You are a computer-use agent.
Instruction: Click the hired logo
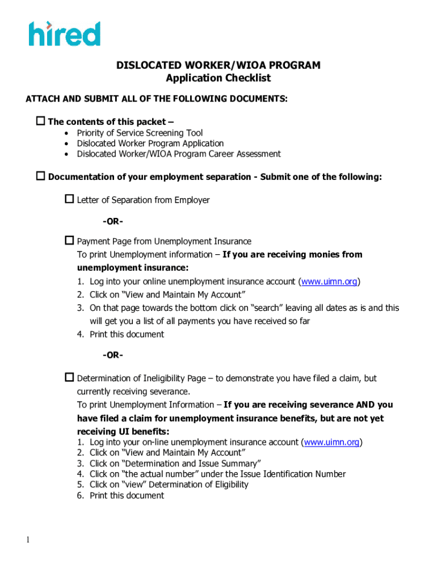65,33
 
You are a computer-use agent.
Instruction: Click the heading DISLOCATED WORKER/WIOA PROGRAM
218,65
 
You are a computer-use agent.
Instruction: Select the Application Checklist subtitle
218,78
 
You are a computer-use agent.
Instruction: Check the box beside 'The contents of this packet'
41,121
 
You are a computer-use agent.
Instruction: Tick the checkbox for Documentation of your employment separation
41,176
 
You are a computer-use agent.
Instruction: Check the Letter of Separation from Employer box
70,199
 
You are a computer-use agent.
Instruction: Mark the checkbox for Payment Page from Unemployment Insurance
70,241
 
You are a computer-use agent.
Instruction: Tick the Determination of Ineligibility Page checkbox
70,377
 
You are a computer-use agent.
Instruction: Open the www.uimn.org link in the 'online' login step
329,281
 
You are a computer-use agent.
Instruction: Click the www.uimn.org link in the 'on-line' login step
332,442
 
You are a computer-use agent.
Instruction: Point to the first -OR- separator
114,221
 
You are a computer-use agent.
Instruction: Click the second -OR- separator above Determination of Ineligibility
114,355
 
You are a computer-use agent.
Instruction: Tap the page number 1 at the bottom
27,540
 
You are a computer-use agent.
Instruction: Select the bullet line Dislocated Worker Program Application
150,144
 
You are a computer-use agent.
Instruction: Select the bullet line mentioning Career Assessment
179,154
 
